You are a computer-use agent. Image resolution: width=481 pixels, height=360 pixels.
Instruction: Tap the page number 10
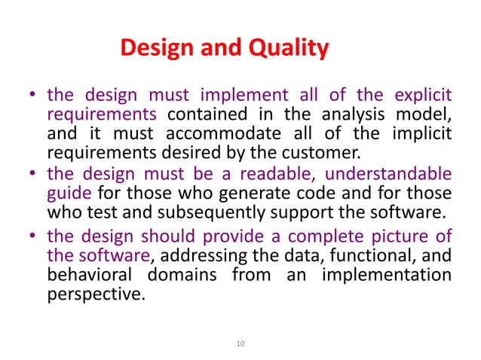point(240,343)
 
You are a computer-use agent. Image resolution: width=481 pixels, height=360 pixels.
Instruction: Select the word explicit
point(423,96)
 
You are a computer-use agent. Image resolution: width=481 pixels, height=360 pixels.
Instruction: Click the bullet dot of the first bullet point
point(32,96)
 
